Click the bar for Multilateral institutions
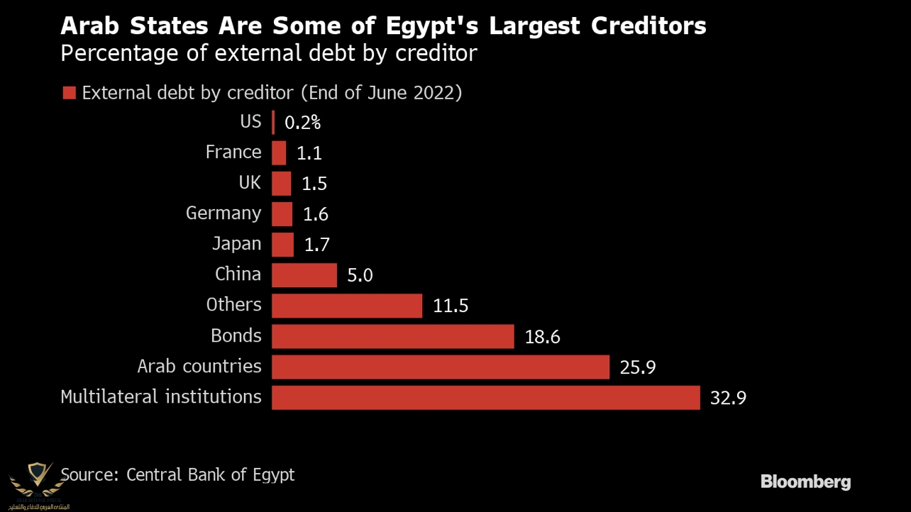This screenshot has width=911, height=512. click(485, 398)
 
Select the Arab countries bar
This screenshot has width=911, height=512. click(440, 367)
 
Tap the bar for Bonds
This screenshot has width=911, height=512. click(392, 337)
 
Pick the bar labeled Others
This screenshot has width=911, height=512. click(346, 306)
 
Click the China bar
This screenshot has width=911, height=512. click(304, 275)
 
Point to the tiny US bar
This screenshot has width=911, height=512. click(273, 123)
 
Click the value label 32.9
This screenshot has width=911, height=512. click(728, 398)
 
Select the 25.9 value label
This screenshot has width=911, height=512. click(637, 367)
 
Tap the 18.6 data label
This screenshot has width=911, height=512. click(542, 337)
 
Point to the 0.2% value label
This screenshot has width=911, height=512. click(302, 123)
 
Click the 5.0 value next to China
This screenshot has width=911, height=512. click(360, 275)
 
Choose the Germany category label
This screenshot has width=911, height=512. click(223, 213)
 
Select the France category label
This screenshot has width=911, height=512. click(233, 152)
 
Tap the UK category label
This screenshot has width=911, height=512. click(250, 183)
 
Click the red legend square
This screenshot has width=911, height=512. click(69, 94)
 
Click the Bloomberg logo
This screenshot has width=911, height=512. click(805, 482)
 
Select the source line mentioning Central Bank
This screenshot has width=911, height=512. click(177, 474)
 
